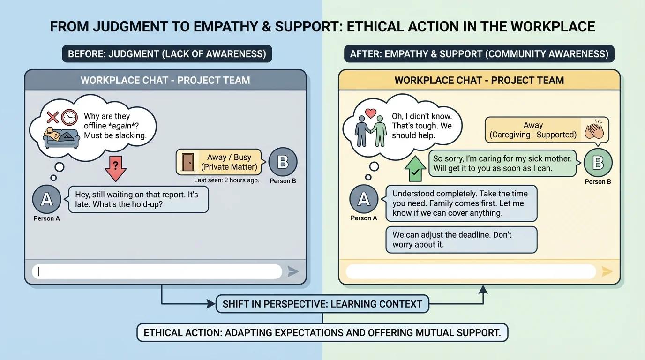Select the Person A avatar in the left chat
(46, 199)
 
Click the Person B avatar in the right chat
(598, 163)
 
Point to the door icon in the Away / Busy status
(188, 162)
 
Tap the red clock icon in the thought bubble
(69, 117)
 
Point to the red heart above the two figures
(371, 113)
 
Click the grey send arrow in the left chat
(293, 271)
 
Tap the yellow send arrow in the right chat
(607, 271)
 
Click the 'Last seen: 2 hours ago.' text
(226, 180)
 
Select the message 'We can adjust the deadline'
(461, 240)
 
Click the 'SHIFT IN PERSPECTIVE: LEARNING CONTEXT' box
(322, 304)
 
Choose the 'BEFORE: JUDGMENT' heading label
(167, 54)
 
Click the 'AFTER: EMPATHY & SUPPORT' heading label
(479, 54)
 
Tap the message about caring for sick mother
(502, 164)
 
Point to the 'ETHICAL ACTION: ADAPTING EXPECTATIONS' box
(322, 333)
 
